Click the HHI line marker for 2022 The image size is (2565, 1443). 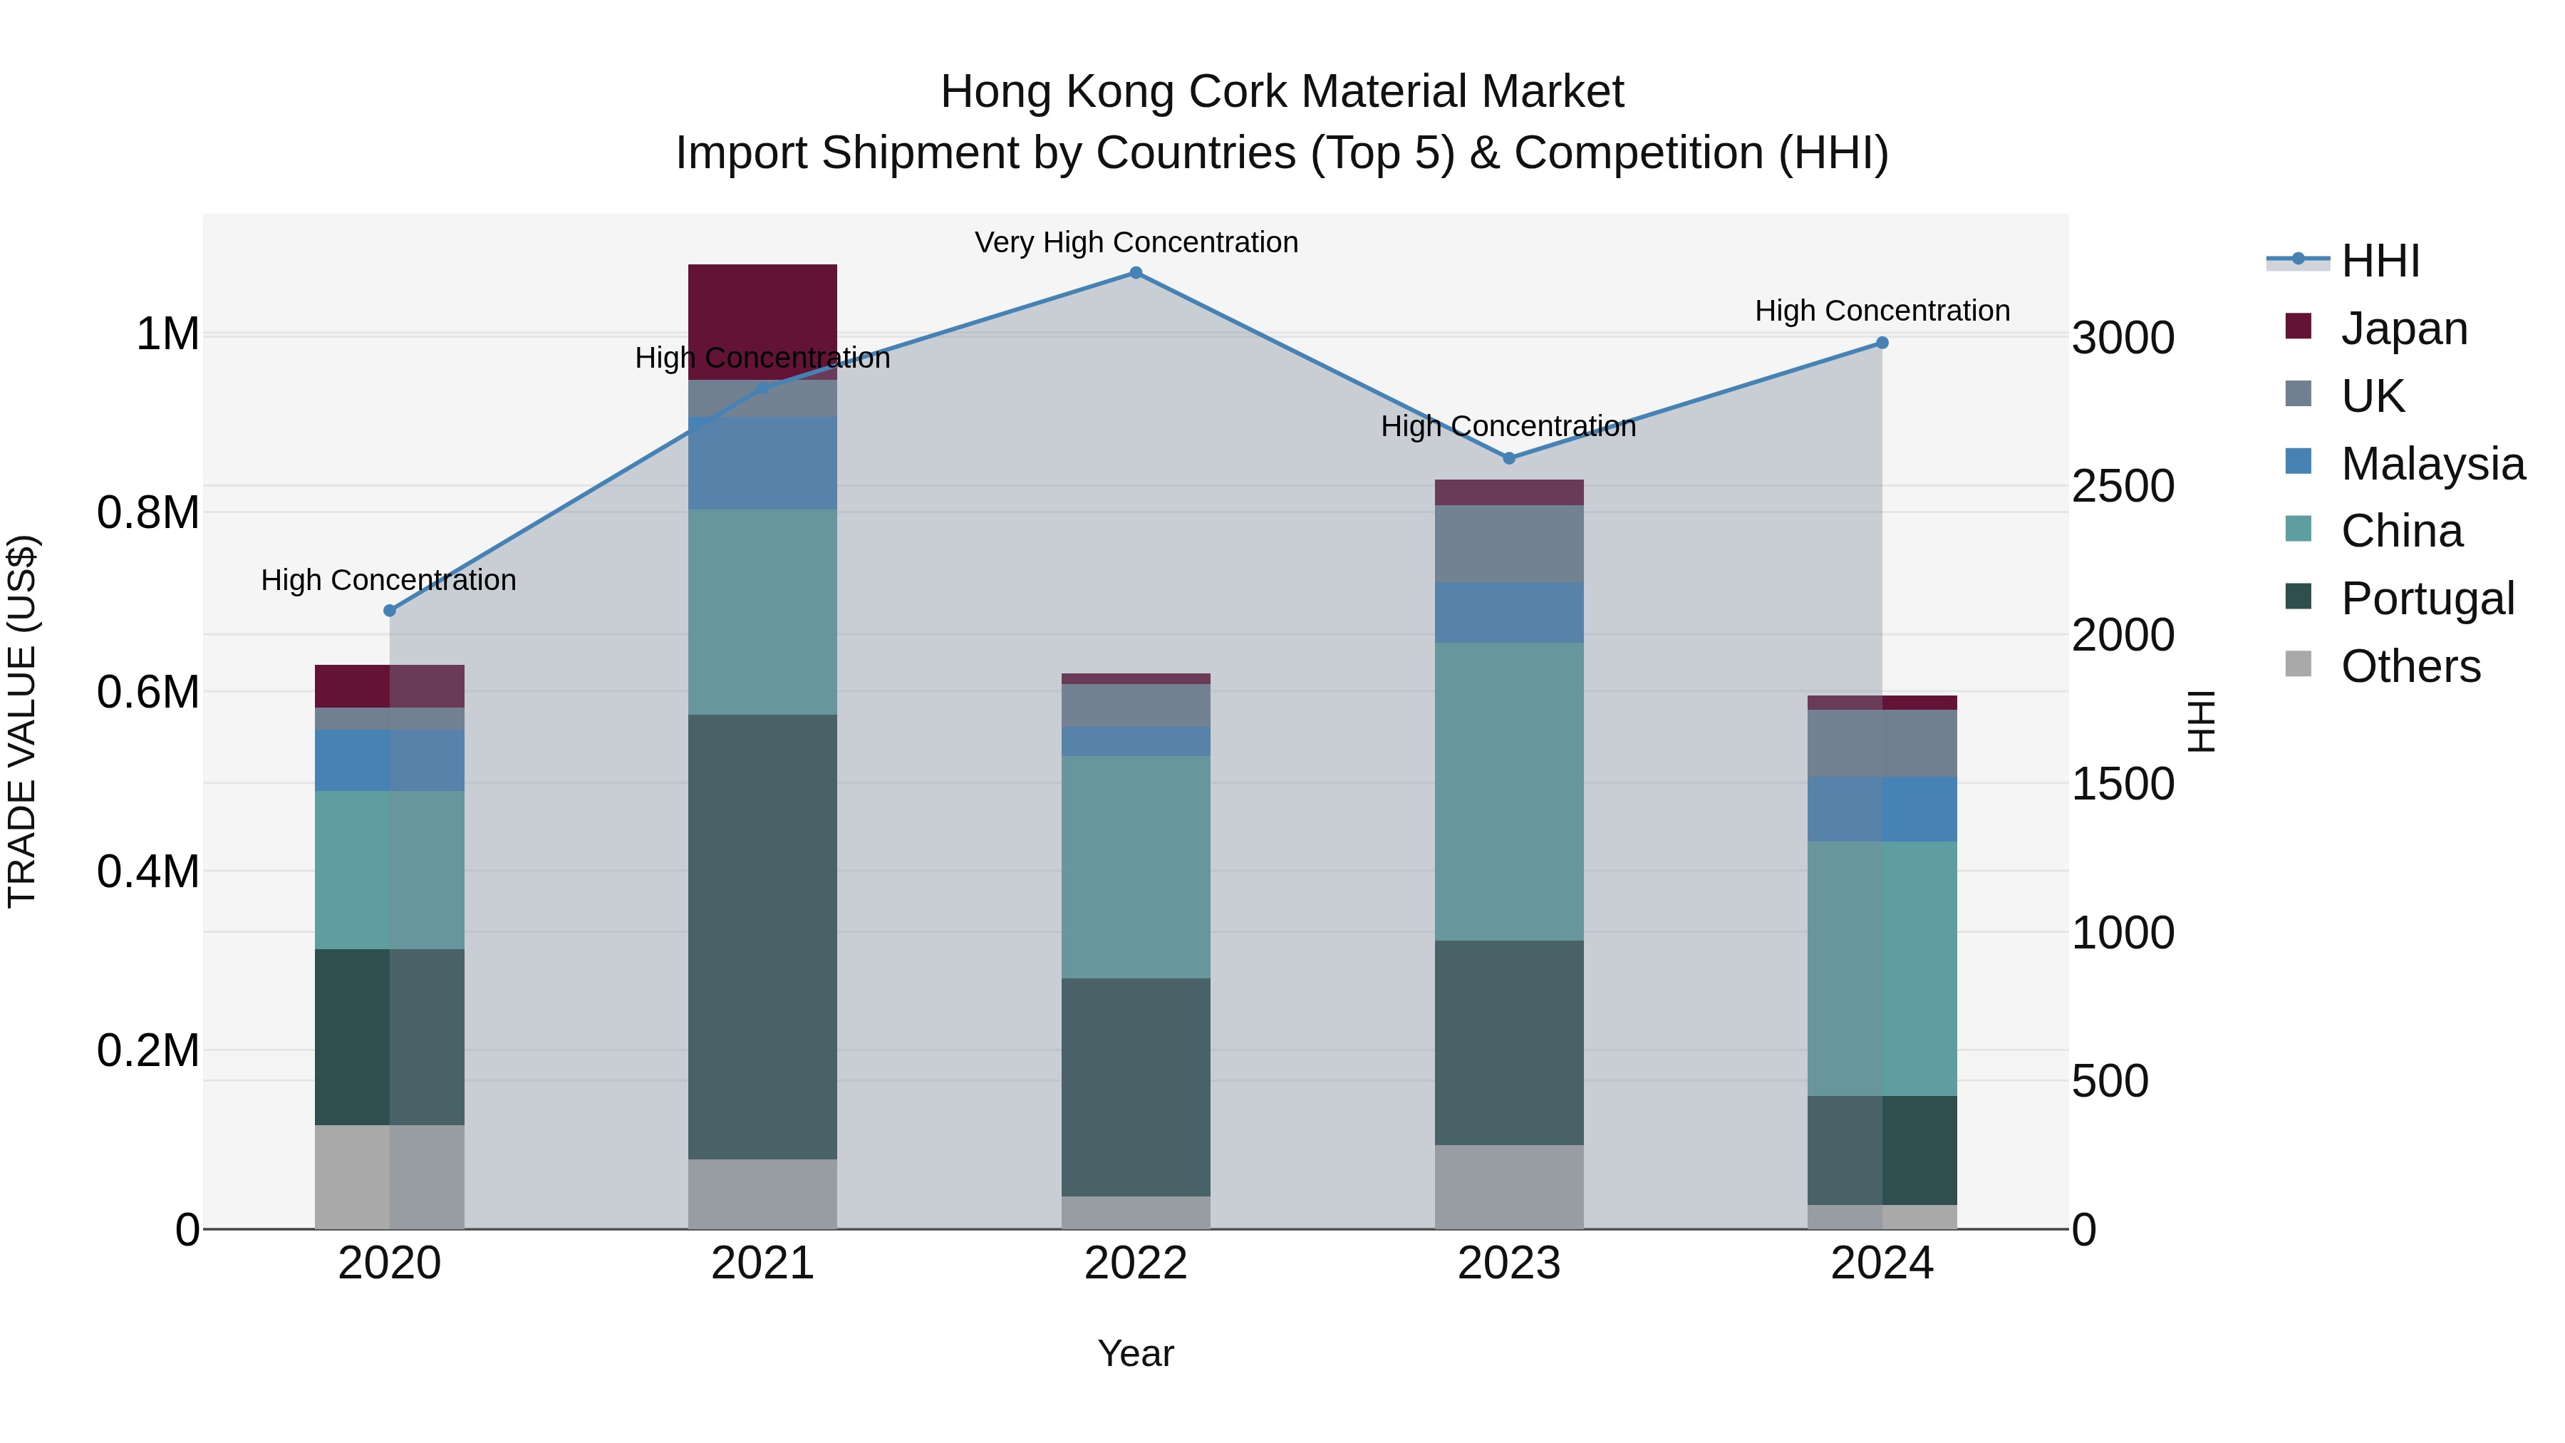tap(1135, 273)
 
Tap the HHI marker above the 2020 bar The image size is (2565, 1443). tap(389, 611)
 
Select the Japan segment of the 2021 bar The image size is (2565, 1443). tap(762, 321)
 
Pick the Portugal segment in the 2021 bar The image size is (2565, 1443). tap(762, 936)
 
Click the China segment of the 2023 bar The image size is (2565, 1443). tap(1508, 791)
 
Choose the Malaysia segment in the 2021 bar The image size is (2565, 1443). tap(762, 463)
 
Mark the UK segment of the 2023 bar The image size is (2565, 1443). tap(1508, 544)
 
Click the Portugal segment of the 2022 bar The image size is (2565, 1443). tap(1135, 1087)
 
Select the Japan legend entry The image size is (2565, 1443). tap(2403, 329)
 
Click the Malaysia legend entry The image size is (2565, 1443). tap(2432, 464)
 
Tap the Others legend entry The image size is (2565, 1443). tap(2410, 666)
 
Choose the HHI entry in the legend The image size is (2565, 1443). tap(2380, 261)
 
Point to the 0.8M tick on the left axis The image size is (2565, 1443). tap(148, 513)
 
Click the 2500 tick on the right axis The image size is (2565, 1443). tap(2124, 487)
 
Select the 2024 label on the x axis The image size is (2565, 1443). tap(1882, 1263)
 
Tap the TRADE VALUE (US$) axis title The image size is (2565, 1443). tap(23, 721)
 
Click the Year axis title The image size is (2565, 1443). tap(1135, 1353)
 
